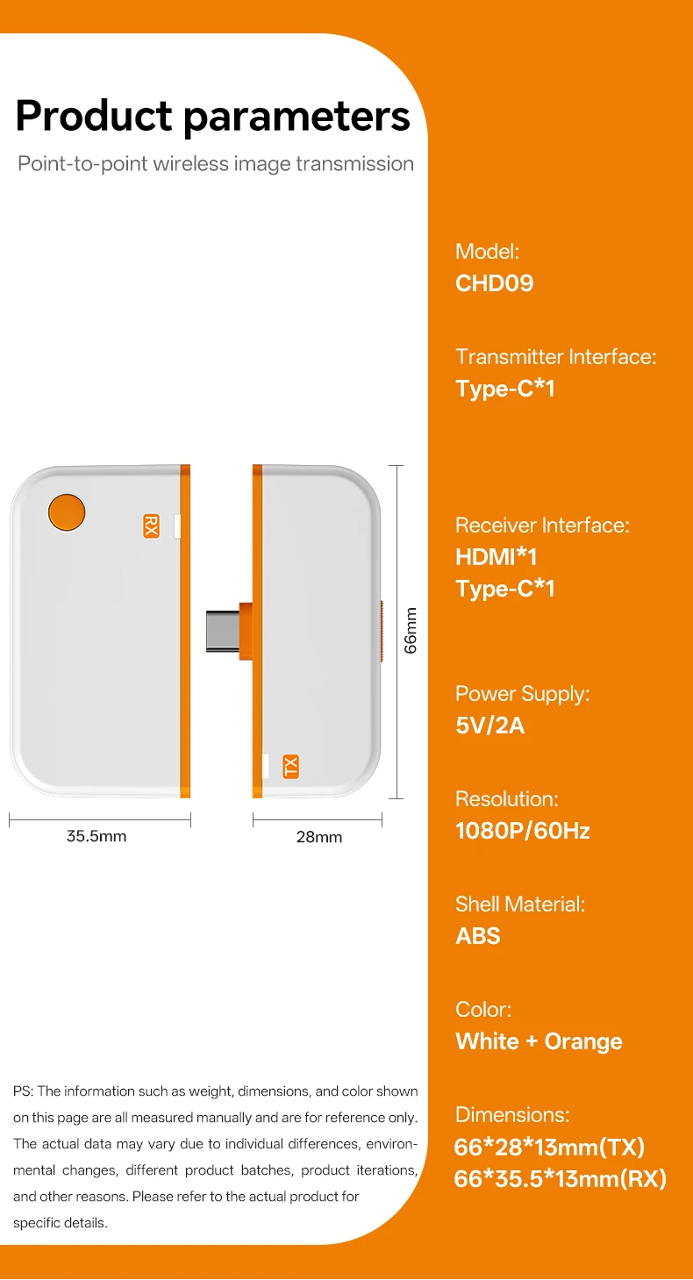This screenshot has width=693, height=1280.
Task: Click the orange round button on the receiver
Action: [67, 512]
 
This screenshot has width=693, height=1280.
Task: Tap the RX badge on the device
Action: [151, 526]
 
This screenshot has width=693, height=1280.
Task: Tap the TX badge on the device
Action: [291, 766]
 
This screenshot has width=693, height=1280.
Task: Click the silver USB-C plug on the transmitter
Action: [222, 631]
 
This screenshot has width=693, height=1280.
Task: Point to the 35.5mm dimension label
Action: [96, 836]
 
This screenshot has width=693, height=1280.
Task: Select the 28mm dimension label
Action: [318, 837]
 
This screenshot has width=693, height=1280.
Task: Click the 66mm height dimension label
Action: [411, 630]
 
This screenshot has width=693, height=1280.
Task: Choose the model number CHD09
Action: [494, 283]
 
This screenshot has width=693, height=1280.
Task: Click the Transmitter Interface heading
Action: [556, 356]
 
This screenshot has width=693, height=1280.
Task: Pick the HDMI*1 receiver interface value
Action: [496, 557]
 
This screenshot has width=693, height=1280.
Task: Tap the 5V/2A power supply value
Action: [489, 726]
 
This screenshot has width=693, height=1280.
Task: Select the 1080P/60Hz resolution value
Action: [522, 831]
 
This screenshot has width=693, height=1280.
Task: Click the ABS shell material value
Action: [477, 936]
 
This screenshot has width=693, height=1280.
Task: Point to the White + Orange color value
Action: [539, 1041]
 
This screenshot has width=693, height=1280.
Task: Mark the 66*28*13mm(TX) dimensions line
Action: [549, 1147]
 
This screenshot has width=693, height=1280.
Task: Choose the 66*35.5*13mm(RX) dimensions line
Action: [560, 1178]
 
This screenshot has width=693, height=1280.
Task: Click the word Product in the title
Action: [94, 116]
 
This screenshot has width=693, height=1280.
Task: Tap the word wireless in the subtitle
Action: [191, 164]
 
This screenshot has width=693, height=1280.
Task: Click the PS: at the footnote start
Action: [24, 1091]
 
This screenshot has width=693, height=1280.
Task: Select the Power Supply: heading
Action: [522, 694]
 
